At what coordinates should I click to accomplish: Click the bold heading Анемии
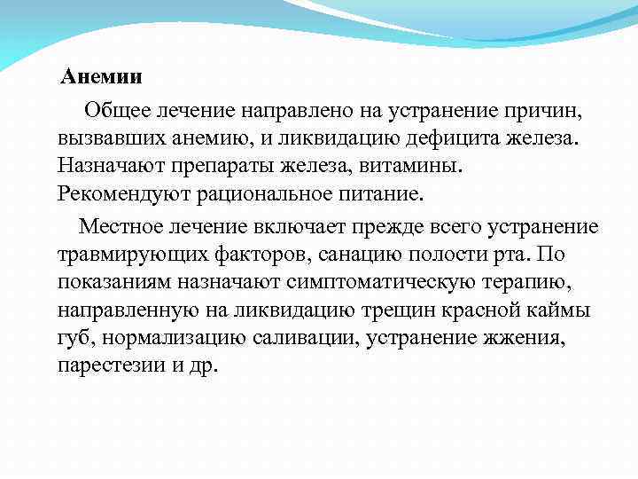click(x=101, y=77)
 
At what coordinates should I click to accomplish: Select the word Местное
click(x=117, y=227)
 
